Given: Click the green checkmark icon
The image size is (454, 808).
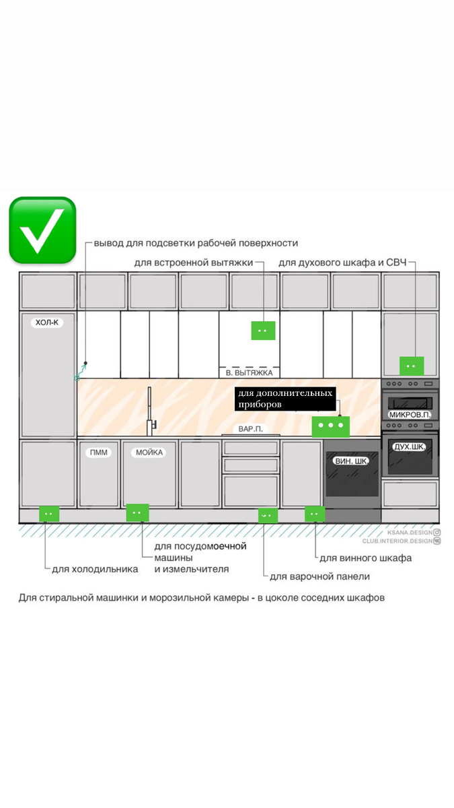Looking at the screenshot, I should [x=42, y=230].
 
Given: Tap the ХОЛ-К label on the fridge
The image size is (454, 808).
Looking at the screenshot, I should [x=48, y=323].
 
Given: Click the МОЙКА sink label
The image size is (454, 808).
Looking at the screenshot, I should [x=149, y=452].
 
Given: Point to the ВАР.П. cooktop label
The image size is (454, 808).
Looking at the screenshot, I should [x=250, y=428].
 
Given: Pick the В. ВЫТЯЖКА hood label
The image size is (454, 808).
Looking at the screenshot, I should [x=249, y=372].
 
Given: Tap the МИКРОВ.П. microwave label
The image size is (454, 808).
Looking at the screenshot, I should [x=410, y=415].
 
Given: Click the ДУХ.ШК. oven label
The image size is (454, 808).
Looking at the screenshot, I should [x=410, y=447].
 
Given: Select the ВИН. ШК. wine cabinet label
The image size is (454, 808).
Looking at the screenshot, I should [x=351, y=461].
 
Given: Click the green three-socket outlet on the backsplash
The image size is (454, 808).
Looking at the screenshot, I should [x=331, y=426].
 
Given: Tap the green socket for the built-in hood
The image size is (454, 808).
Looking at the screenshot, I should [x=263, y=331].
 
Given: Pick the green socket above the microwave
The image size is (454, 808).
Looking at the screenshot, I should [x=412, y=366].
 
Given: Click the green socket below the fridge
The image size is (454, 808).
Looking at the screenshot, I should [x=48, y=514].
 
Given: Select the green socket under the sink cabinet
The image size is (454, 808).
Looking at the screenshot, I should [x=137, y=513].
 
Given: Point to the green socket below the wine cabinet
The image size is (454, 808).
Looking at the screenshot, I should [x=315, y=514].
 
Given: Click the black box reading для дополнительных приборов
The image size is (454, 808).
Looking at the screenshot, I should [x=285, y=399].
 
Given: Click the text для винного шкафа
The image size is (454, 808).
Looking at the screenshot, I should [x=365, y=558].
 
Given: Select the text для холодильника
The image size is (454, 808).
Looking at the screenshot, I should [x=95, y=569].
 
